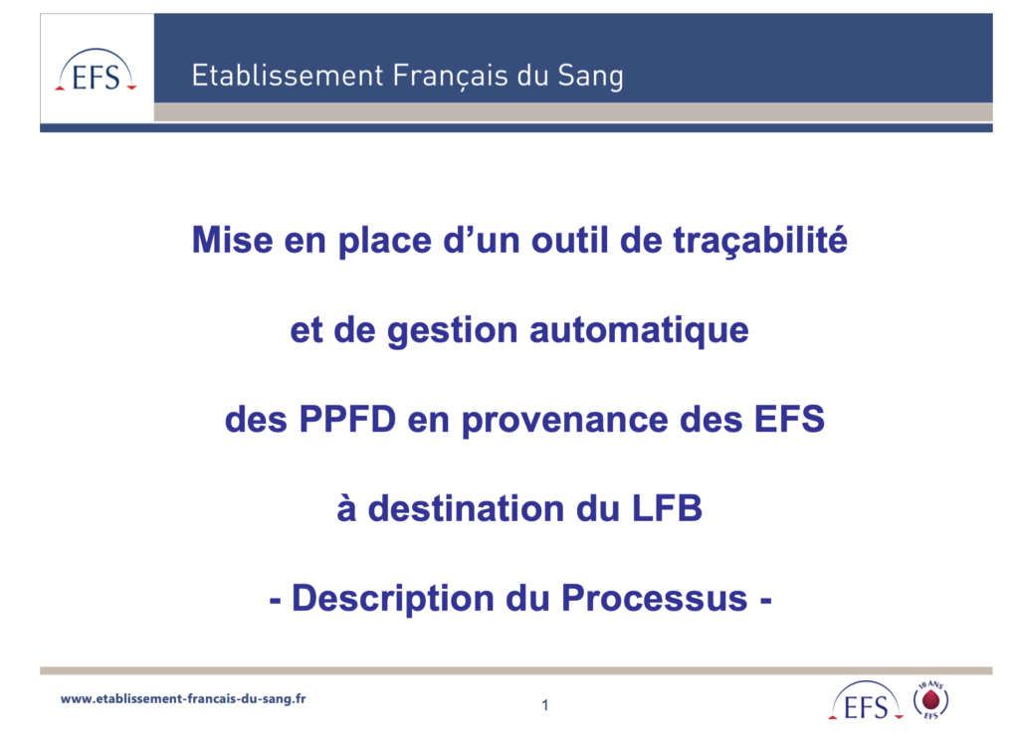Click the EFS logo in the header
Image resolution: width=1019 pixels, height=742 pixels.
(96, 71)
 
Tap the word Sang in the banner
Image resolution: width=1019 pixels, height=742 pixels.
(590, 76)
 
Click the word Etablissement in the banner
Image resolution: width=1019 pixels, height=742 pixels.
(288, 76)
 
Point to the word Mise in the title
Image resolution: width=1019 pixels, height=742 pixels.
(232, 240)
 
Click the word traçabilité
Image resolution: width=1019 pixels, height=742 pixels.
(759, 241)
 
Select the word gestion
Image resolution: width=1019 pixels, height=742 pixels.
(453, 330)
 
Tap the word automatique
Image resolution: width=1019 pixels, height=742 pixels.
(639, 330)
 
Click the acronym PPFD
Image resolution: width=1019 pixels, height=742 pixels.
(347, 419)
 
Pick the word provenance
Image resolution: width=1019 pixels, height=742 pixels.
(565, 421)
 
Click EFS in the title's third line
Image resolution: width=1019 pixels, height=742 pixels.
(789, 419)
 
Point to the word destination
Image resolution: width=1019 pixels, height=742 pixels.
(466, 508)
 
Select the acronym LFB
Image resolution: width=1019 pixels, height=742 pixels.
(667, 508)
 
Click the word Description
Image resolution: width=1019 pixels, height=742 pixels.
(392, 598)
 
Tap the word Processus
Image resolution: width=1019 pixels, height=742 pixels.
(655, 598)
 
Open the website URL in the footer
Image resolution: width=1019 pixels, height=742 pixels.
(183, 699)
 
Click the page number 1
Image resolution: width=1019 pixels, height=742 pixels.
(545, 705)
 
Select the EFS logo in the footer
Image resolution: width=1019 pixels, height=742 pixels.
(866, 700)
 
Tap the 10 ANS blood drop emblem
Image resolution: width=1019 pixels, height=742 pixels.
(930, 700)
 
